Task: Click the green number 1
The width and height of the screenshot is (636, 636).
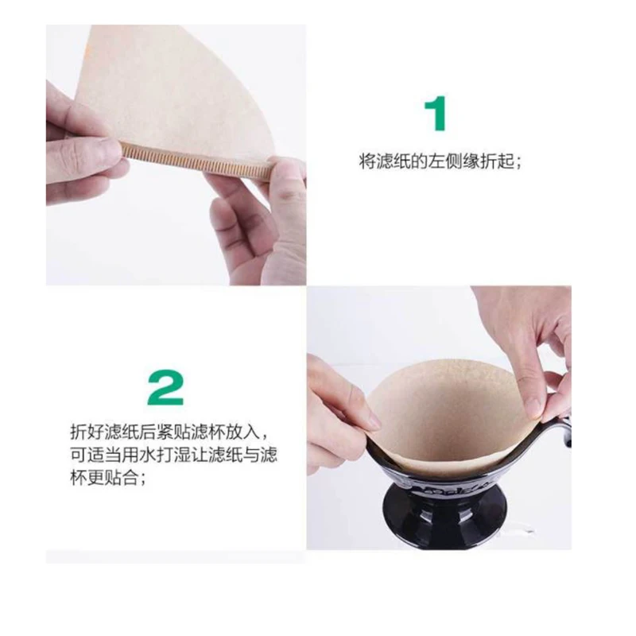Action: point(436,113)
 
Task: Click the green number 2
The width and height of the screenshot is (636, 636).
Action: point(165,387)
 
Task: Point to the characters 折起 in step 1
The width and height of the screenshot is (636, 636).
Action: point(497,162)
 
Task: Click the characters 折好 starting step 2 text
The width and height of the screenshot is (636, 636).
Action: point(87,432)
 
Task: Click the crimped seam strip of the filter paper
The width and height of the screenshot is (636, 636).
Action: point(196,161)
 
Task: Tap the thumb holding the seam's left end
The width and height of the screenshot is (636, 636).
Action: point(101,151)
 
